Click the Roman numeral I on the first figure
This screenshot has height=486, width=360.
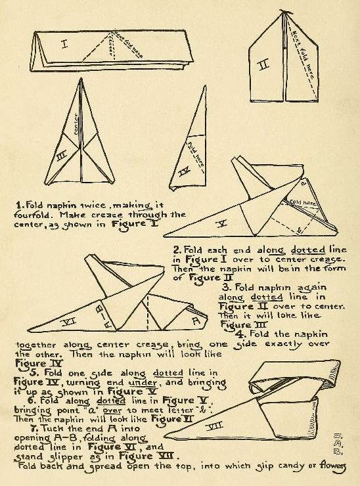(x=64, y=45)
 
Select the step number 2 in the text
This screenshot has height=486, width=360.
(x=176, y=250)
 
